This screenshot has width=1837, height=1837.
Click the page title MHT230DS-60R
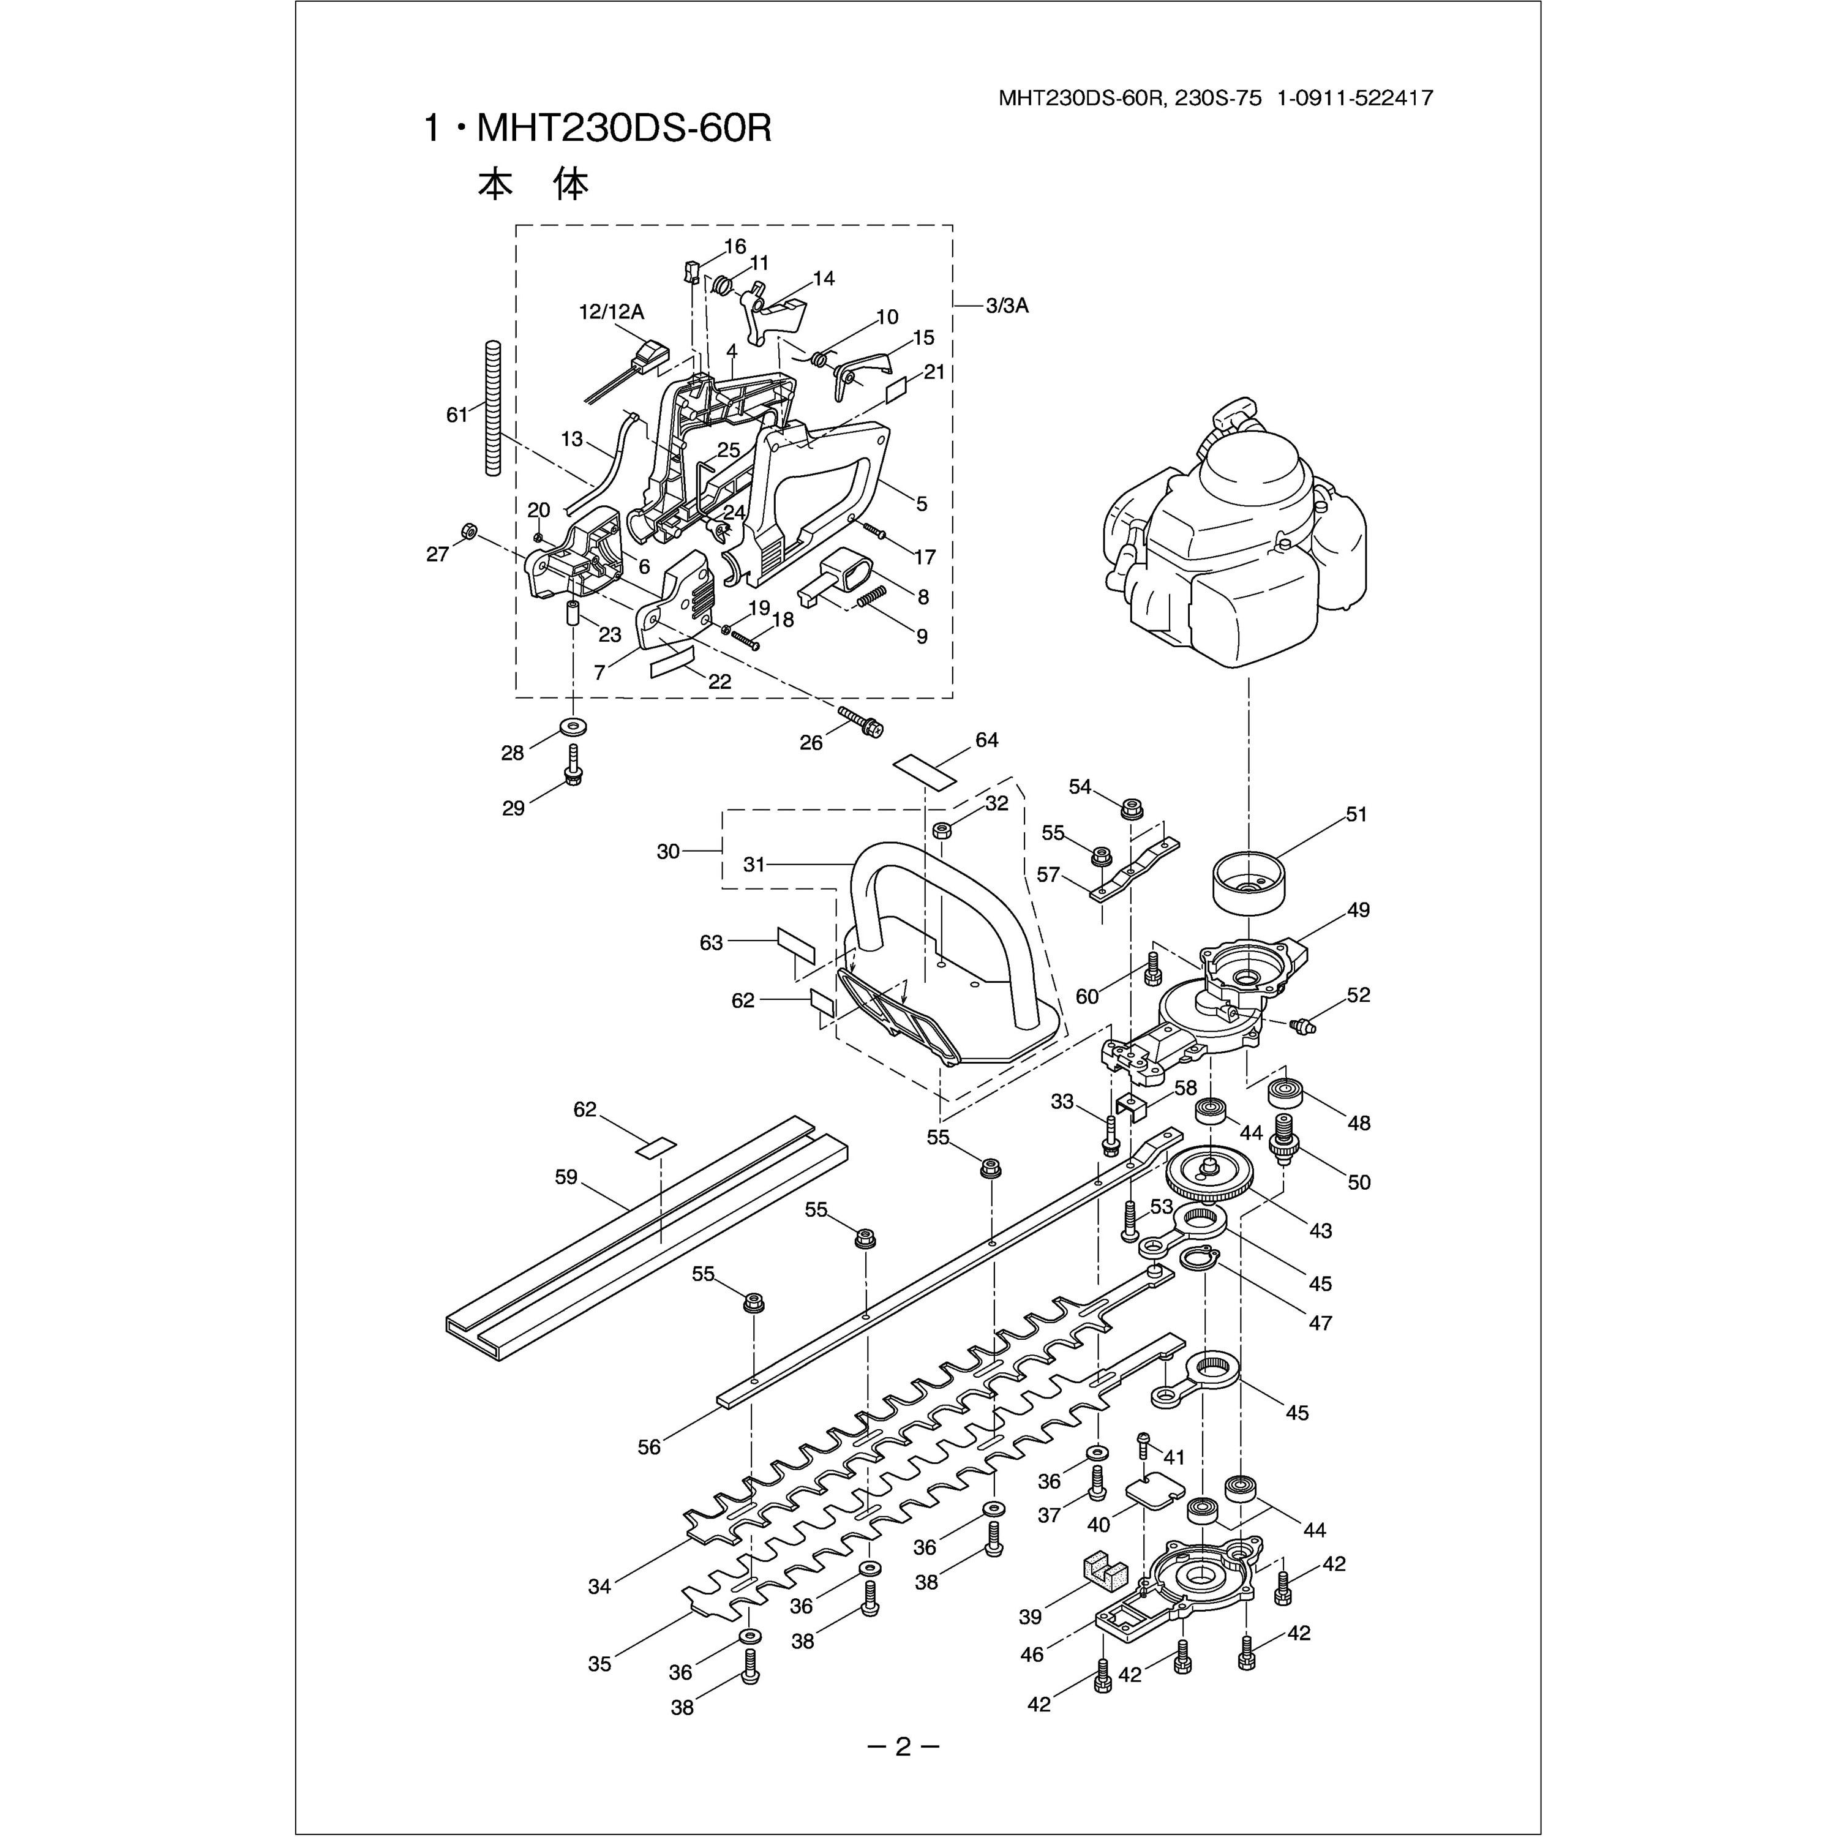point(597,129)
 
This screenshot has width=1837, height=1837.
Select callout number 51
point(1356,815)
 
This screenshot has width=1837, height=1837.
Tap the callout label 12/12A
point(611,312)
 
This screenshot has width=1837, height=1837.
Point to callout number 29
point(514,808)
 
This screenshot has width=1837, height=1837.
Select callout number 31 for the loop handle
point(754,864)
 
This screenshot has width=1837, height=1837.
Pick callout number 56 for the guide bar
point(650,1447)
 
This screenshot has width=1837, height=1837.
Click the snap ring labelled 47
point(1200,1259)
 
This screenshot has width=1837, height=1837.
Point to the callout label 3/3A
point(1007,306)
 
